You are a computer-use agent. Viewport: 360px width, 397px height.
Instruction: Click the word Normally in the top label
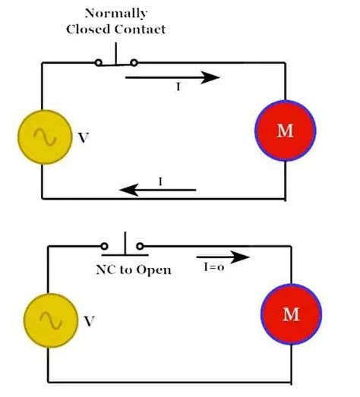[116, 14]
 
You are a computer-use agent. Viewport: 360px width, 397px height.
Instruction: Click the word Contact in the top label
[141, 30]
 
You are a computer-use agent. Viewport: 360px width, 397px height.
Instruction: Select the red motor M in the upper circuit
[284, 131]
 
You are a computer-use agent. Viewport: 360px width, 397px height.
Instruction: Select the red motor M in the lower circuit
[292, 314]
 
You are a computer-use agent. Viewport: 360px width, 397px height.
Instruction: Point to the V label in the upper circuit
[83, 139]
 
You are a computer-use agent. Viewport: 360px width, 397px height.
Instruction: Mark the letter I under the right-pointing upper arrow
[178, 88]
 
